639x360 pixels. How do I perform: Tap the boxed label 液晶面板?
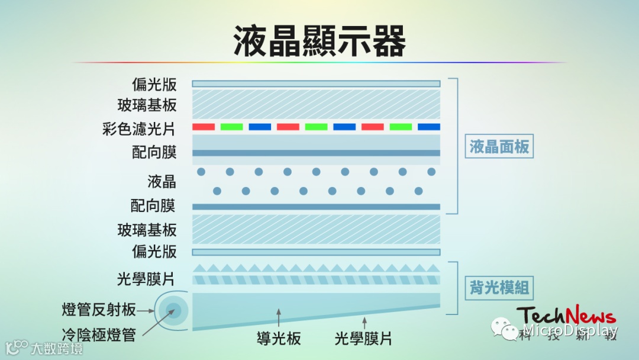tap(499, 146)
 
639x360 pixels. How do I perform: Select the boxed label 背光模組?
tap(499, 289)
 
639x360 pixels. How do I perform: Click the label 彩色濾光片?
tap(139, 129)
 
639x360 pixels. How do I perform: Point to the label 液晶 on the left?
tap(162, 181)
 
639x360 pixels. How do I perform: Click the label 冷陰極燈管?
tap(99, 335)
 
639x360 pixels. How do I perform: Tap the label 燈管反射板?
tap(99, 309)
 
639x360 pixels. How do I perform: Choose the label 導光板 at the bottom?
tap(279, 338)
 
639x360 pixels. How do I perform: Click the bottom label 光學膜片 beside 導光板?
tap(363, 338)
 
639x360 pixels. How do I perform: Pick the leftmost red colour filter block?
tap(204, 127)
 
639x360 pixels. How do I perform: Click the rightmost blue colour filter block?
tap(429, 127)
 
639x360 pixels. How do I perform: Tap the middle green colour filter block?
tap(317, 127)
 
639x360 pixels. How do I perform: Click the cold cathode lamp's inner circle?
tap(173, 310)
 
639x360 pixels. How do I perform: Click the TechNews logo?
tap(565, 316)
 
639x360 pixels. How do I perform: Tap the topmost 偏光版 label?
tap(154, 84)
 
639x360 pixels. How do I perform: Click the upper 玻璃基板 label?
tap(147, 105)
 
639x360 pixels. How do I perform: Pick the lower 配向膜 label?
tap(154, 206)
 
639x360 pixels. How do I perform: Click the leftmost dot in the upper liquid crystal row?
tap(201, 172)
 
